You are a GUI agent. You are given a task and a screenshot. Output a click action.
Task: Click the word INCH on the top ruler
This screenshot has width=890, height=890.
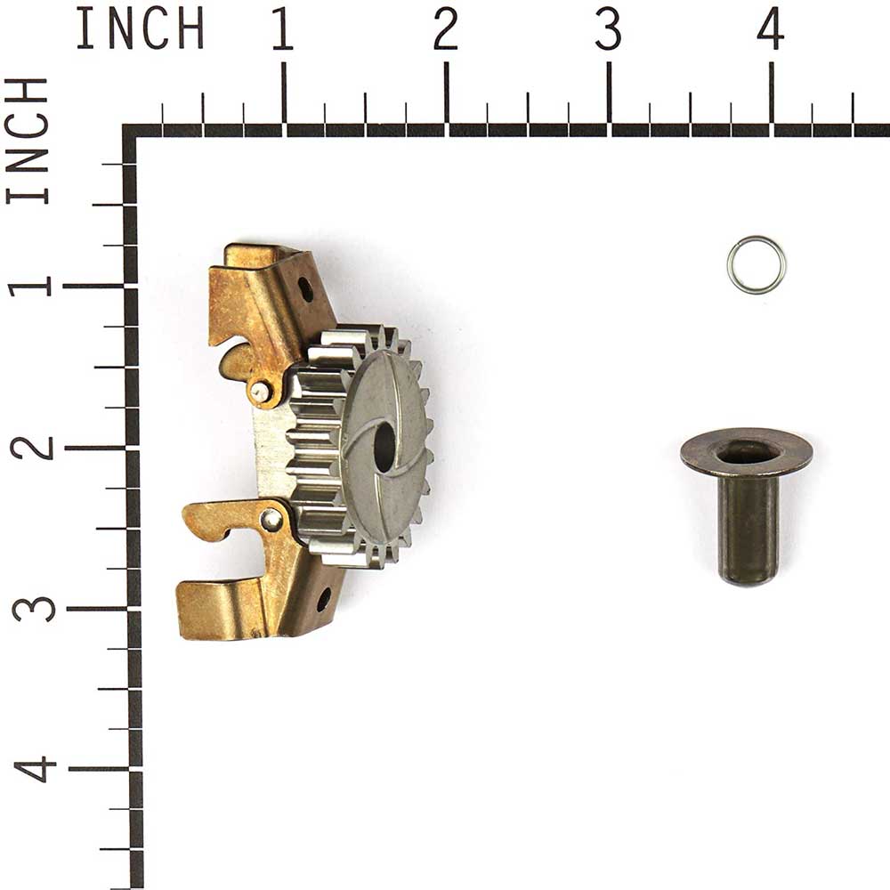tap(140, 28)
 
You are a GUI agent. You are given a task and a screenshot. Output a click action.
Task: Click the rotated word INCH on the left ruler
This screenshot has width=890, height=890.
tap(27, 142)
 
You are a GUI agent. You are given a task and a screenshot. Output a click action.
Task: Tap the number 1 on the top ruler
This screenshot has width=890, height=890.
tap(282, 29)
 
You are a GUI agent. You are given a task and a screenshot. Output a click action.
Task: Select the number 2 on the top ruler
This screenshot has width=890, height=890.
tap(445, 29)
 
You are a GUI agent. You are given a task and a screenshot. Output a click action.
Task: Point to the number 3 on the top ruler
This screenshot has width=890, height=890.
tap(608, 29)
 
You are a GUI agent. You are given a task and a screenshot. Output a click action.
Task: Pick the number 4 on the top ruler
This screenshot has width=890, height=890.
tap(770, 29)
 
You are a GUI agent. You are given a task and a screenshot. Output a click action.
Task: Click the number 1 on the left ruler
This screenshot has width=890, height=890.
tap(29, 287)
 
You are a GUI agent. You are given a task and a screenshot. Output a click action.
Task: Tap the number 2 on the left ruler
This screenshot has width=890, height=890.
tap(31, 449)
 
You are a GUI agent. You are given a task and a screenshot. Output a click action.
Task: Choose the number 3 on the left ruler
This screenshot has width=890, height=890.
tap(34, 609)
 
